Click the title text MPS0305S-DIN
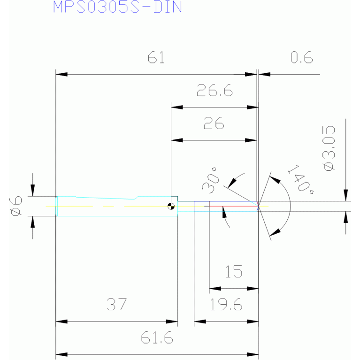117,7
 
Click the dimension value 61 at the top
156,57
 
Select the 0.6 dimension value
301,57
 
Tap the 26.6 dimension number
214,90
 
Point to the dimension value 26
214,123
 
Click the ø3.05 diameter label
329,148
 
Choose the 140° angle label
300,179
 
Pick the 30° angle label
210,180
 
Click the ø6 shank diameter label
16,206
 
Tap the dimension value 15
234,271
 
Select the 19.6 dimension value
226,305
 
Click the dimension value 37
116,305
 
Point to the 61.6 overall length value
157,337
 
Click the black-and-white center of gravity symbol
171,206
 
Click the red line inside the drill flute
233,206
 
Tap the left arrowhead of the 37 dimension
61,322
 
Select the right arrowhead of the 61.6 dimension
253,354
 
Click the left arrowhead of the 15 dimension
215,288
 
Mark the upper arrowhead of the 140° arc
275,180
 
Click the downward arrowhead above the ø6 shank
32,191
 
